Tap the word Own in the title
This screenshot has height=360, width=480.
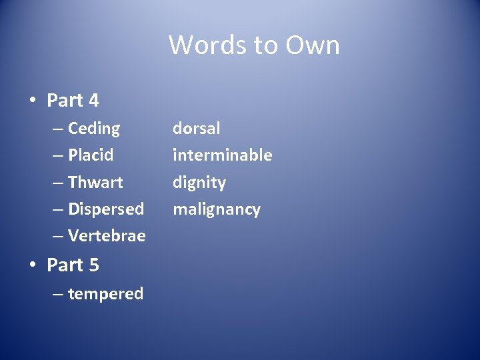313,45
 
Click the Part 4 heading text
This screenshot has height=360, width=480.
73,101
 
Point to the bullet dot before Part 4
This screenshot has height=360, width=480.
32,101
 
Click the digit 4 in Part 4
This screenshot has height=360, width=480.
93,101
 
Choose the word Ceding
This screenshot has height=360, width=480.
94,129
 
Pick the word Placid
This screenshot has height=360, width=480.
91,155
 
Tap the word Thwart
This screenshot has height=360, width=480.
95,182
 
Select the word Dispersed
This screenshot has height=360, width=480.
106,209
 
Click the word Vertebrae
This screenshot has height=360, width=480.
107,236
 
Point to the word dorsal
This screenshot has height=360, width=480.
196,128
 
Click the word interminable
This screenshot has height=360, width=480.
222,155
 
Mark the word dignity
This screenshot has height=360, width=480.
199,183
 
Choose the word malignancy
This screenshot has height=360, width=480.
217,209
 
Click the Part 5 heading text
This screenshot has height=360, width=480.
73,265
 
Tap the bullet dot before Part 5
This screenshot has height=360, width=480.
32,265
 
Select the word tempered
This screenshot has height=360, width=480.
105,294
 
